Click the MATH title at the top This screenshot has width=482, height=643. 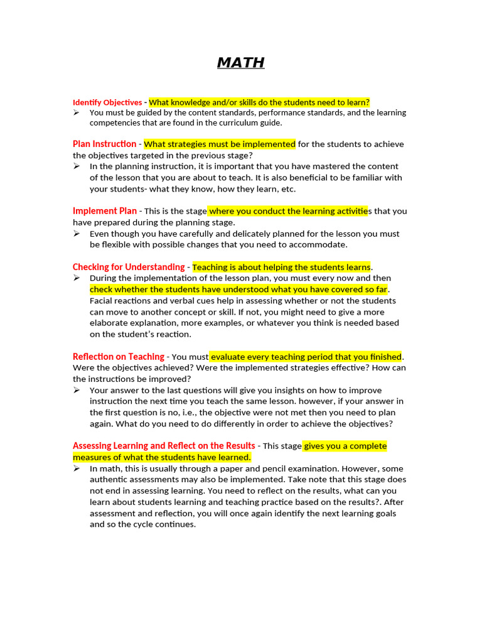click(241, 63)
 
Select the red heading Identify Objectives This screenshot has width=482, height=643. click(107, 102)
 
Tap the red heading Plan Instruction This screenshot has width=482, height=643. click(104, 144)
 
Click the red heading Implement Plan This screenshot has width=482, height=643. click(104, 211)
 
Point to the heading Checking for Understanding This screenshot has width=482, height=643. click(129, 267)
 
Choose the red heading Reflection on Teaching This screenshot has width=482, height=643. click(118, 357)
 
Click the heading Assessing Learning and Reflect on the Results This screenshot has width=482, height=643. click(164, 446)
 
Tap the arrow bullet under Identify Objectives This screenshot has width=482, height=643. click(76, 112)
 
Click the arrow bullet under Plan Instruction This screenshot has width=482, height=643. click(76, 166)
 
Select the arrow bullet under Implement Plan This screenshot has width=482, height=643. click(76, 234)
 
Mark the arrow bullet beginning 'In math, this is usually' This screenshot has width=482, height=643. click(76, 468)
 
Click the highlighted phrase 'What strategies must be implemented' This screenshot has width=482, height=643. click(220, 144)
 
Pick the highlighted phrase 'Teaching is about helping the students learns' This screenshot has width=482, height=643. click(281, 267)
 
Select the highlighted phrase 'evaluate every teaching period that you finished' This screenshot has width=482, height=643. click(306, 357)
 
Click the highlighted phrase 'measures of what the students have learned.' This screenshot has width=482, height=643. click(162, 457)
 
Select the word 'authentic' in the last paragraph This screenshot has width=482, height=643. click(109, 480)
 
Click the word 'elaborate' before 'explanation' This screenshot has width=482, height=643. click(109, 323)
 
